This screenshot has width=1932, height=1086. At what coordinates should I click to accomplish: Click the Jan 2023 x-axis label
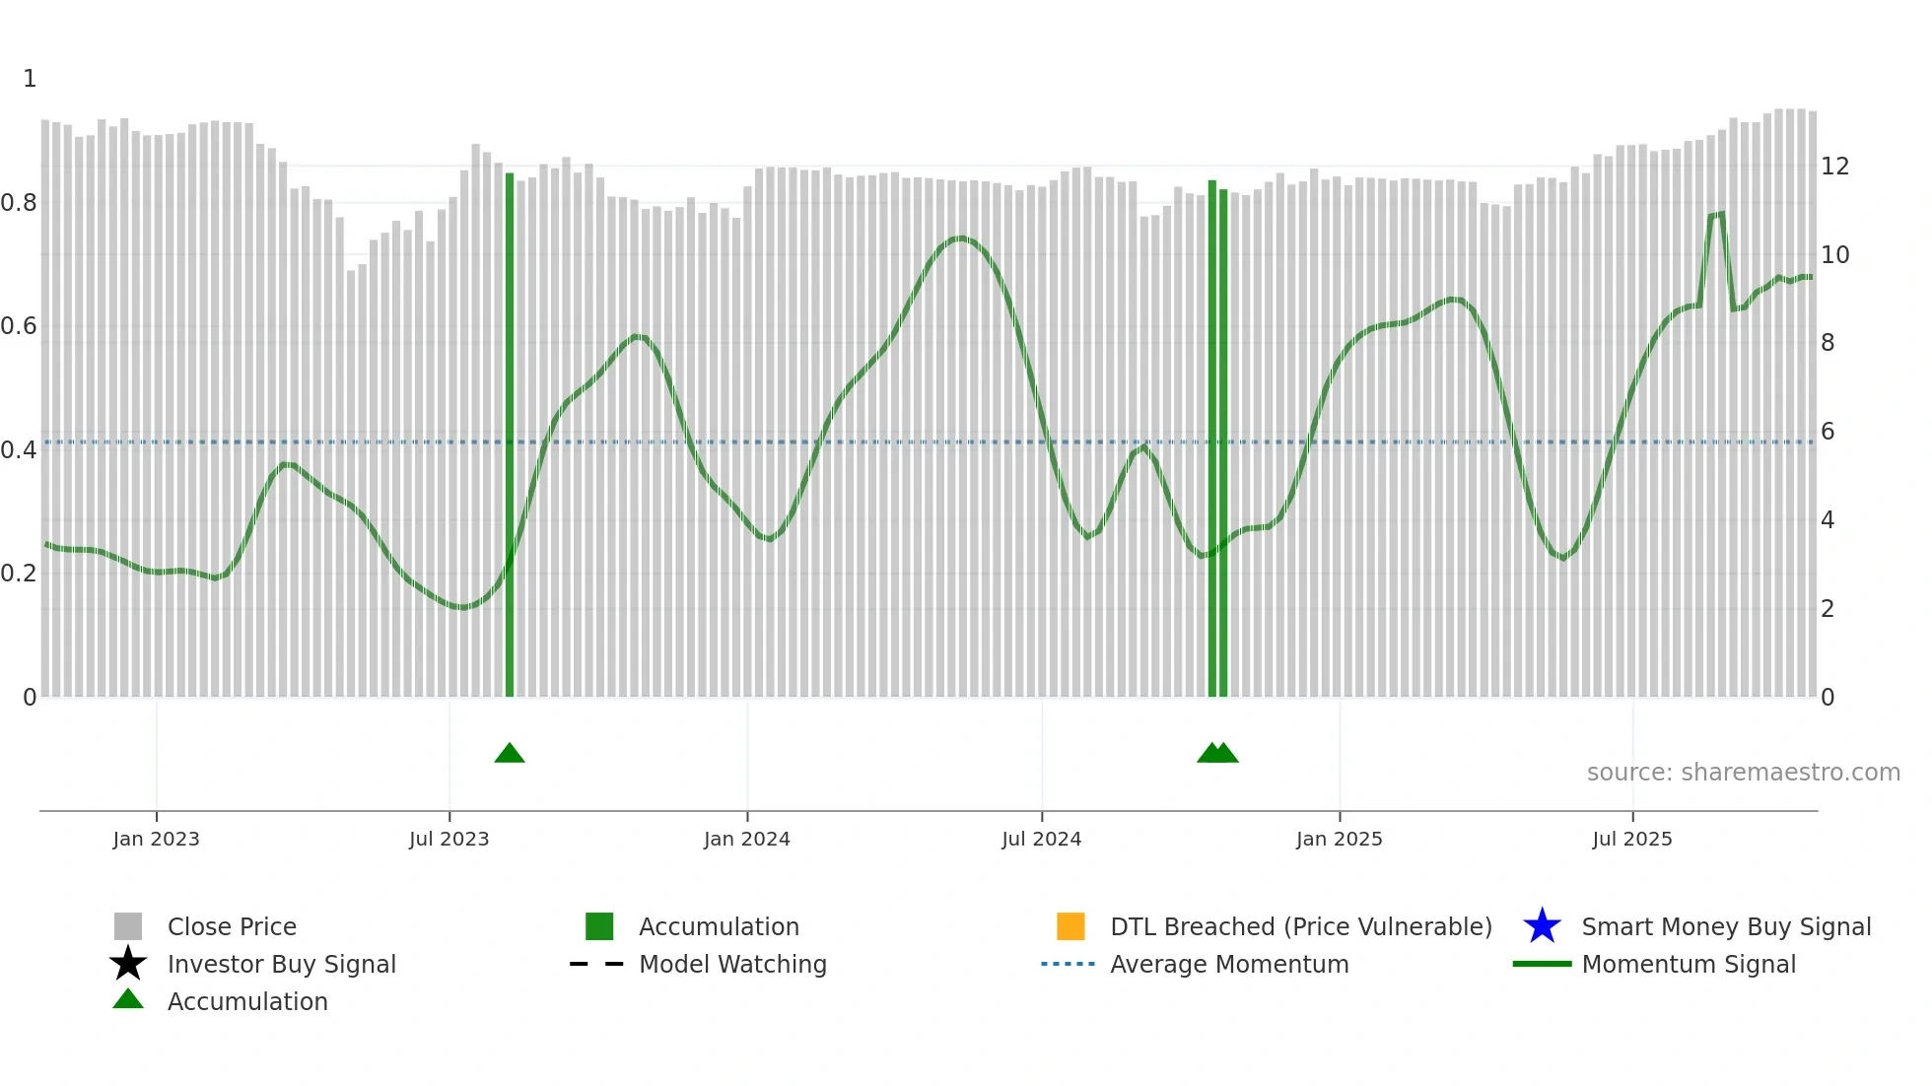(156, 839)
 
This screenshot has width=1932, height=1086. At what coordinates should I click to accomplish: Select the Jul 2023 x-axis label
(448, 839)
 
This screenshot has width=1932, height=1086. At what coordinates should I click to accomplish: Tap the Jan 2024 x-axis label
(746, 839)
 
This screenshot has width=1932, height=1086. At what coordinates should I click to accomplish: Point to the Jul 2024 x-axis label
(1041, 839)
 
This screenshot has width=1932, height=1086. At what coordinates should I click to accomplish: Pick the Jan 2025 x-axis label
(1339, 839)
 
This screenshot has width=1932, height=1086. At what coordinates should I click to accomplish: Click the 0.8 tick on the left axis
(20, 203)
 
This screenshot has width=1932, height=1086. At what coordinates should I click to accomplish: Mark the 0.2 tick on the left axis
(20, 574)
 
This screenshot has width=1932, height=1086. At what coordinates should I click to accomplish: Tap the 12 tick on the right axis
(1834, 167)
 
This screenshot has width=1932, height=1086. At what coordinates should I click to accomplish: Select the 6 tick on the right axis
(1828, 432)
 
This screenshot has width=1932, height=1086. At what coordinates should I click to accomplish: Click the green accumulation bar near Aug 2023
(510, 434)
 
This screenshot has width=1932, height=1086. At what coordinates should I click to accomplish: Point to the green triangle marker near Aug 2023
(510, 754)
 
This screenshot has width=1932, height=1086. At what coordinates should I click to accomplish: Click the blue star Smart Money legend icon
(1542, 926)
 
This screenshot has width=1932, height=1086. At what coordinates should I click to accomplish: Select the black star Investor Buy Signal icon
(128, 964)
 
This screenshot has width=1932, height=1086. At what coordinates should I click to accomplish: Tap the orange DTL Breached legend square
(1070, 926)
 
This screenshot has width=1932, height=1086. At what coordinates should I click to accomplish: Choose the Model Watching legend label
(732, 964)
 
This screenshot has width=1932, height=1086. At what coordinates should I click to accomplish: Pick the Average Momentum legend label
(1229, 964)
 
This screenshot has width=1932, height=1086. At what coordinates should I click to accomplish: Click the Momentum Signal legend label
(1689, 964)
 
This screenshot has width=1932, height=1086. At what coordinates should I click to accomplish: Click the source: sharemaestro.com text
(1743, 773)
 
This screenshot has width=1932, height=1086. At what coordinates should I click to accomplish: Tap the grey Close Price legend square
(128, 926)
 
